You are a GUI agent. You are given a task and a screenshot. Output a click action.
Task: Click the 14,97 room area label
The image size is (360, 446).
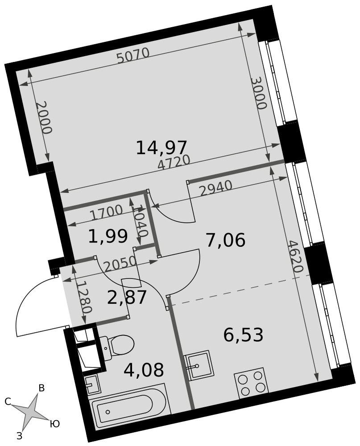coord(161,148)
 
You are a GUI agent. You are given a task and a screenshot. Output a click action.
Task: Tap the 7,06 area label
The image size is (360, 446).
coord(225,240)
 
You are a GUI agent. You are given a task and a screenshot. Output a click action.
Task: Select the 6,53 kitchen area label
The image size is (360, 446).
coord(243,335)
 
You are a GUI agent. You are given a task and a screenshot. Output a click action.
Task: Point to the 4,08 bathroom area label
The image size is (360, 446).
coord(144,370)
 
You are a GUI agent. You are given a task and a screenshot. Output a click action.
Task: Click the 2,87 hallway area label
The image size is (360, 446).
coord(127,297)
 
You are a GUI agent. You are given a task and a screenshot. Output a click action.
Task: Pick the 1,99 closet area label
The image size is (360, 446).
coord(108,236)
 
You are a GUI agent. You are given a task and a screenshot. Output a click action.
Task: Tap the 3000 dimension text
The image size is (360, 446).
coord(259,94)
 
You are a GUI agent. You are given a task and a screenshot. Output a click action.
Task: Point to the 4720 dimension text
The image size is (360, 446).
coord(174,163)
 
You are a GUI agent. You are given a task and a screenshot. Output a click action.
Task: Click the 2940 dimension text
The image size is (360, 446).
coord(216,189)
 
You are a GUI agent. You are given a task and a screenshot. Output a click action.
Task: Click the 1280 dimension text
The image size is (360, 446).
coord(85,297)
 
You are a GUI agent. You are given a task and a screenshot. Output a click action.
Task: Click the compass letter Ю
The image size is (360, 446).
coord(54,424)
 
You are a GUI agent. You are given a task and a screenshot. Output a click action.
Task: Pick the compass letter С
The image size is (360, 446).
coord(8,401)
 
